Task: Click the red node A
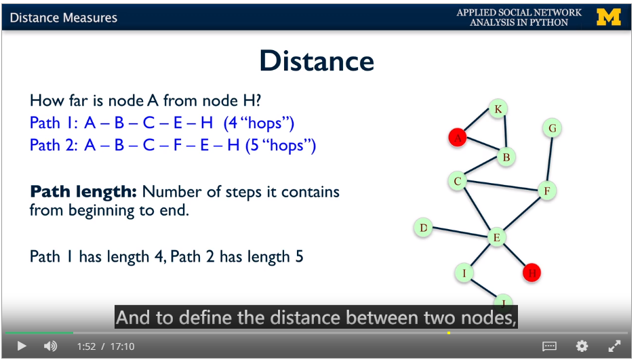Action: pos(458,137)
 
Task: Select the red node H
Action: pos(532,273)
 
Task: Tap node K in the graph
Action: pos(498,108)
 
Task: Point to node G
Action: pos(553,128)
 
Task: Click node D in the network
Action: pos(423,227)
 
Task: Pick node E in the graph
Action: pos(497,237)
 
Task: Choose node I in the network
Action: pos(464,273)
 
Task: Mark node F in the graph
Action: pos(547,191)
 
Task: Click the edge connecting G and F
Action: pos(550,159)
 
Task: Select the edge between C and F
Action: pos(502,185)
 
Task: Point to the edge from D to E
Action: pos(460,233)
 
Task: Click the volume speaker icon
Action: pos(50,346)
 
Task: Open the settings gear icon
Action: pos(582,346)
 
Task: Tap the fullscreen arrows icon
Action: pos(614,346)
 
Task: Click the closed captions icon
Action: pos(549,346)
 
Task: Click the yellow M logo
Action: pos(609,17)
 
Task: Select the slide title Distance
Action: pos(317,61)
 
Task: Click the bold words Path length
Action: pos(83,191)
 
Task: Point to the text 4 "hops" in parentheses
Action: pos(259,123)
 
